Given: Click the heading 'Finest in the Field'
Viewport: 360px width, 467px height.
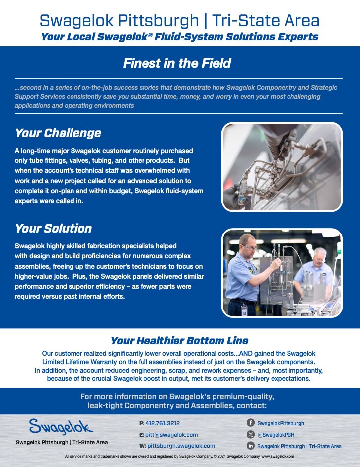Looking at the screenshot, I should point(177,63).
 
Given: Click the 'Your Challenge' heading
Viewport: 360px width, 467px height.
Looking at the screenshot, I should point(58,133).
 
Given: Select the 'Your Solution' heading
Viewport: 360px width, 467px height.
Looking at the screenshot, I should point(53,229).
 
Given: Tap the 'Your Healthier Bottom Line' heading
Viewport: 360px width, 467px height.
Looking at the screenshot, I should point(179,341).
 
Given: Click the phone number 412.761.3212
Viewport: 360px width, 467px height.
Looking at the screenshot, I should point(163,423).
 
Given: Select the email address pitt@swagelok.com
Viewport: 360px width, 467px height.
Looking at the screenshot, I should point(171,435).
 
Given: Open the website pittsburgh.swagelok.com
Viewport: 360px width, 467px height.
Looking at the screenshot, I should point(181,446).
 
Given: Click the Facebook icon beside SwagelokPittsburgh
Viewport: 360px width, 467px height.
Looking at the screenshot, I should point(251,423).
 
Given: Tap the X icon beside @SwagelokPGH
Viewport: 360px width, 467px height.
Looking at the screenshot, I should point(251,435).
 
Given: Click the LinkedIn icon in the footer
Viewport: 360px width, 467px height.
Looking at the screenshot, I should point(251,446).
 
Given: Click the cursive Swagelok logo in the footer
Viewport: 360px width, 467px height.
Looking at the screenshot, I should point(61,427).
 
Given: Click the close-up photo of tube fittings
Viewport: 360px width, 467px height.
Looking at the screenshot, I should point(282,166).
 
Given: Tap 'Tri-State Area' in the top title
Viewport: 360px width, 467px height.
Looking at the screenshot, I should point(265,21).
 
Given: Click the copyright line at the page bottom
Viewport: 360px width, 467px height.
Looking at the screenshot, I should point(179,456).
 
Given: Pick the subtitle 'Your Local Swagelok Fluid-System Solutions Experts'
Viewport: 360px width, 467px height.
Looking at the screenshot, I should point(179,37).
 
